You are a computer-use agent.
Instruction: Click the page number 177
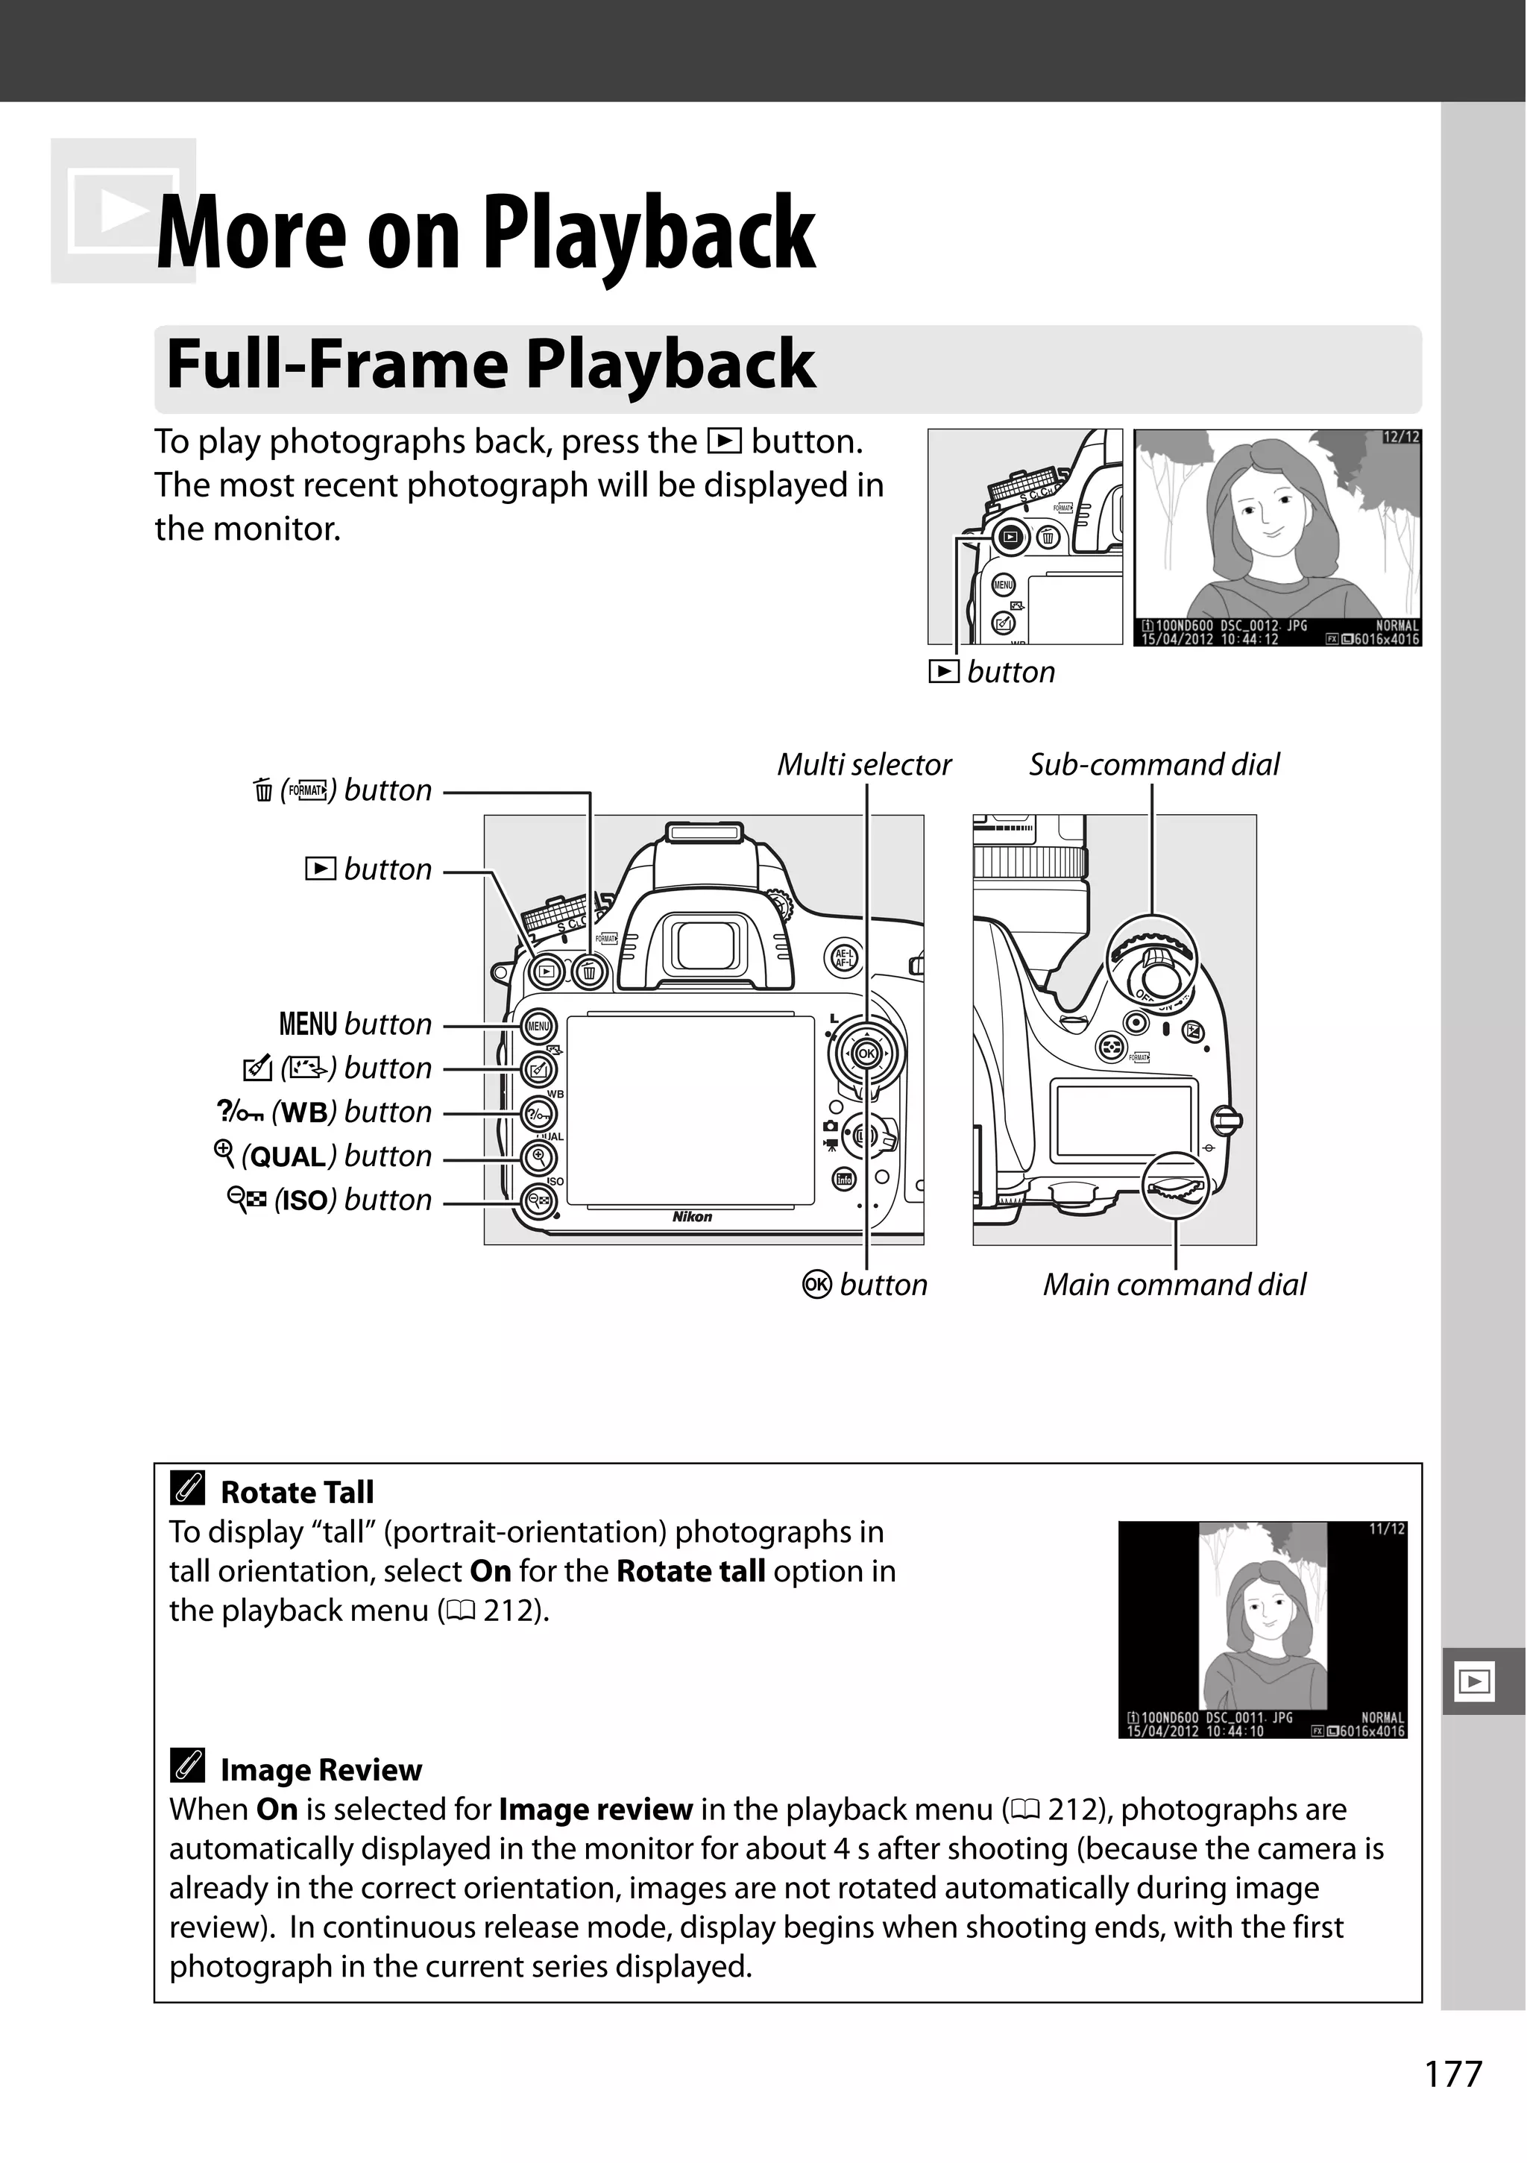click(x=1453, y=2074)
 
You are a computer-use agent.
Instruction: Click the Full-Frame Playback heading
click(x=490, y=365)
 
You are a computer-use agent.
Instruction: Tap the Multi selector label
click(x=864, y=764)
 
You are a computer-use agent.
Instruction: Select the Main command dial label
click(x=1174, y=1285)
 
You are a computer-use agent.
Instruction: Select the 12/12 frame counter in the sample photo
click(x=1401, y=437)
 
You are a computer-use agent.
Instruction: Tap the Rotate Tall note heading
click(x=296, y=1492)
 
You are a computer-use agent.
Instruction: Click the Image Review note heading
click(x=321, y=1770)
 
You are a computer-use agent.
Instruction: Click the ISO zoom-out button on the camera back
click(x=540, y=1200)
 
